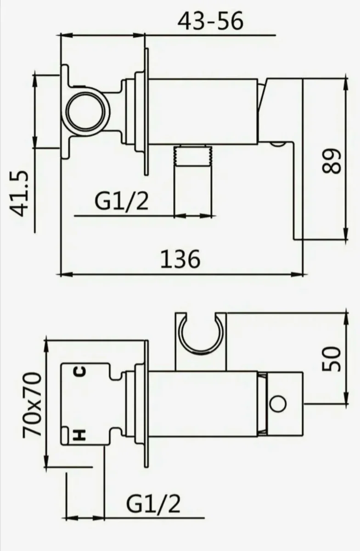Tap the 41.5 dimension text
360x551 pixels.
20,193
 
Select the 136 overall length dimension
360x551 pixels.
180,259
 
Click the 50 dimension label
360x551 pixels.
332,359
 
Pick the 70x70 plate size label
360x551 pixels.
33,404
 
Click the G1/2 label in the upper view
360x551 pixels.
121,201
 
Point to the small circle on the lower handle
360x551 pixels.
278,405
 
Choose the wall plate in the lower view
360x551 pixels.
146,404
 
